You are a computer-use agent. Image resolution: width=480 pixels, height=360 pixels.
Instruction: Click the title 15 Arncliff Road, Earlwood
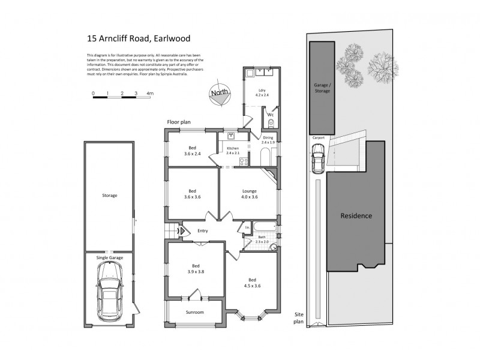coord(139,38)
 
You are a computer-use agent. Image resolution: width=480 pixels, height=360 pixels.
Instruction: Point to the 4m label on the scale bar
coord(150,94)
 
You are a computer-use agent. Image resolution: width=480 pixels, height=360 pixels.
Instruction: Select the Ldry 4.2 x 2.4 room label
coord(262,92)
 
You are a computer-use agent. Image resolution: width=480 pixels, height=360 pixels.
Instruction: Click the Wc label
coord(271,114)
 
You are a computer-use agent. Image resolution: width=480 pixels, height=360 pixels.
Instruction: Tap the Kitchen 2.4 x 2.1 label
coord(233,151)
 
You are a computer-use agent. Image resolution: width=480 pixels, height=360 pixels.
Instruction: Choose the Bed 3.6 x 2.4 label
coord(192,151)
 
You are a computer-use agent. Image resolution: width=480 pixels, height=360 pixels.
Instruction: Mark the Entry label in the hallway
coord(202,230)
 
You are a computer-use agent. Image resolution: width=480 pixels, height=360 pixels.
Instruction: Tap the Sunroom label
coord(194,312)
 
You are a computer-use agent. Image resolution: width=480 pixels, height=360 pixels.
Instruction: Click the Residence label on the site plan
coord(356,216)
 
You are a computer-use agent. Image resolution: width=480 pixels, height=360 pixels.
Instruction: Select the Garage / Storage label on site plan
coord(322,88)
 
